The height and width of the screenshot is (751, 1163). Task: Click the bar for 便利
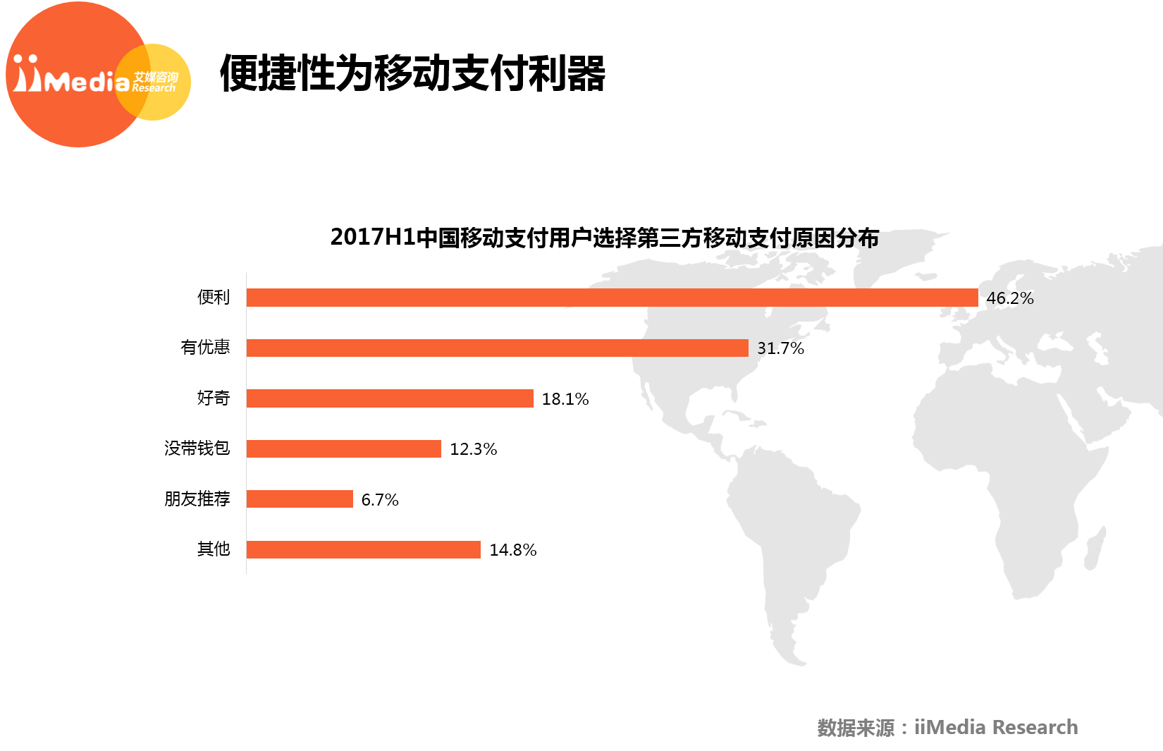[612, 298]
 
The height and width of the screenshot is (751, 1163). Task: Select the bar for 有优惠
[497, 348]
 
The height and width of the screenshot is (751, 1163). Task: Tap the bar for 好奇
[390, 398]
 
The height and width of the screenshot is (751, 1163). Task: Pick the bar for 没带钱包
[343, 448]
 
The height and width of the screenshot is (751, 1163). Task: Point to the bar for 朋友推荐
[300, 499]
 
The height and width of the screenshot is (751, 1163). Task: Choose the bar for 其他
[363, 549]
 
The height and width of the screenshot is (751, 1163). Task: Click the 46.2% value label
[1009, 298]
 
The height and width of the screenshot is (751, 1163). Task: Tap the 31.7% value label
[780, 348]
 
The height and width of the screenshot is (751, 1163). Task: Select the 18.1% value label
[565, 399]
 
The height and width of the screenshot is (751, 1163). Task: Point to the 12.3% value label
[473, 449]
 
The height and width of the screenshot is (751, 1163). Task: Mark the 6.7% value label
[379, 500]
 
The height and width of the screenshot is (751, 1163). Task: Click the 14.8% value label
[512, 550]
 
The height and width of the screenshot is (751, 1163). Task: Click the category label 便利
[214, 297]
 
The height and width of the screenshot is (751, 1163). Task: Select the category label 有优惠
[205, 347]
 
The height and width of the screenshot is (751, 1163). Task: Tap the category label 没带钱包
[197, 448]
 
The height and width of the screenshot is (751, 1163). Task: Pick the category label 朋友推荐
[197, 499]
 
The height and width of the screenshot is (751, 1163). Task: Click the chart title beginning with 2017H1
[604, 238]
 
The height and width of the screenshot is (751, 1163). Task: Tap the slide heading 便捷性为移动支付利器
[412, 73]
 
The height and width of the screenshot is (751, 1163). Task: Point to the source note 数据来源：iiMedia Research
[947, 727]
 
